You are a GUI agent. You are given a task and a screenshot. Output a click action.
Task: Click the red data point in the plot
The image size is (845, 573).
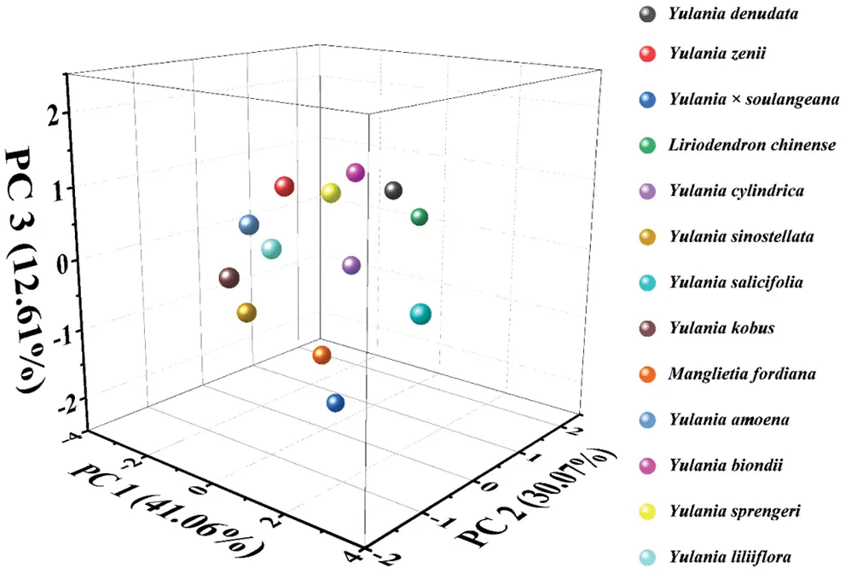coord(285,187)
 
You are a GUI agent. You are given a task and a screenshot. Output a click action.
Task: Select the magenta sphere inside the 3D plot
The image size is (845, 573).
coord(356,173)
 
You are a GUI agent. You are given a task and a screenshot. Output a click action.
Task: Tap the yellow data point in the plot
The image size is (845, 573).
coord(331,193)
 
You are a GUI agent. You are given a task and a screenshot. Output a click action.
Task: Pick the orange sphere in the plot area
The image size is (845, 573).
coord(321,355)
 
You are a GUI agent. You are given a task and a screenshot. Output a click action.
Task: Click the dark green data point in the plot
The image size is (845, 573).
coord(419,217)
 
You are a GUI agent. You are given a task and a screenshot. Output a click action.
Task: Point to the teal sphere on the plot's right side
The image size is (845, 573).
coord(420,314)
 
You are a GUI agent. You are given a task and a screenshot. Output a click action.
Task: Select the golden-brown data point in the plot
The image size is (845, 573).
coord(246,313)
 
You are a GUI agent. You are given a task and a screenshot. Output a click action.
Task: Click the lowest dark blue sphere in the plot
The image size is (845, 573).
coord(336,402)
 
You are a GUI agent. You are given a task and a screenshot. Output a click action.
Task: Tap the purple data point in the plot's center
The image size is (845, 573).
coord(351,265)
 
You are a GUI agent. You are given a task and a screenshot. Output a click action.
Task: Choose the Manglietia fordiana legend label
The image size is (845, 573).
coord(731,373)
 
